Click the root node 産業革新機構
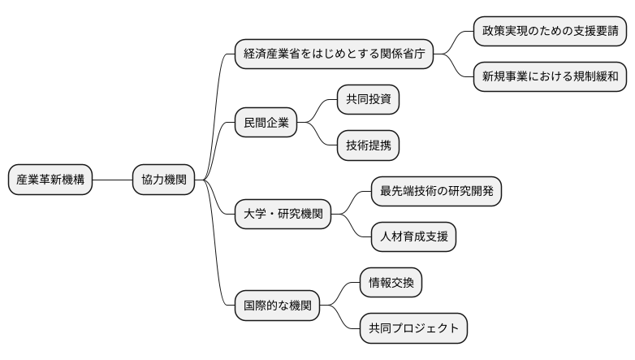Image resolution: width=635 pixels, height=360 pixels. pos(51,180)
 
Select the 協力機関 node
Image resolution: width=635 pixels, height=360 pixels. pos(163,180)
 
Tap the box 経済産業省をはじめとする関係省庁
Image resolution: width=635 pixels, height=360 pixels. pos(333,54)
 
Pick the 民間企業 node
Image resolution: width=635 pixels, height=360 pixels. pos(266,124)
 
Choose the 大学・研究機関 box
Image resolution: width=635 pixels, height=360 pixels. pos(283,215)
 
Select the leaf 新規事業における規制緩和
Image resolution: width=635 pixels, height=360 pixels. pos(550,76)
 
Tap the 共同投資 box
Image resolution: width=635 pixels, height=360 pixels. pos(369,101)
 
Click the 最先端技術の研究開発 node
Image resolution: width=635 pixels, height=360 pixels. pos(436,192)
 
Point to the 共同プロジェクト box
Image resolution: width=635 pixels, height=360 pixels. pos(414,328)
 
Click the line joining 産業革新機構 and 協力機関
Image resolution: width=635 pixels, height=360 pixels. pos(114,180)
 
